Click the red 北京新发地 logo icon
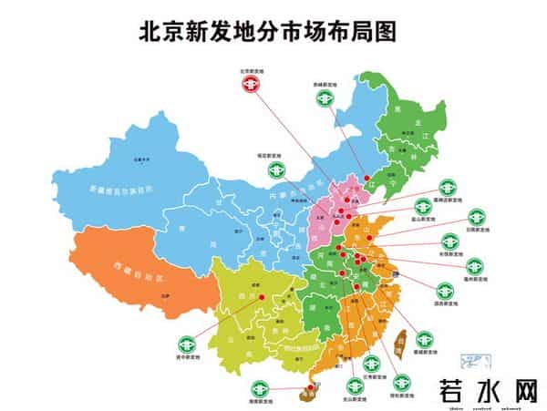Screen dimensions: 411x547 [249, 84]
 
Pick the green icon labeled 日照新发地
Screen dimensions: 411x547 [476, 218]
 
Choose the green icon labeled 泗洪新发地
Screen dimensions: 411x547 [445, 291]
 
